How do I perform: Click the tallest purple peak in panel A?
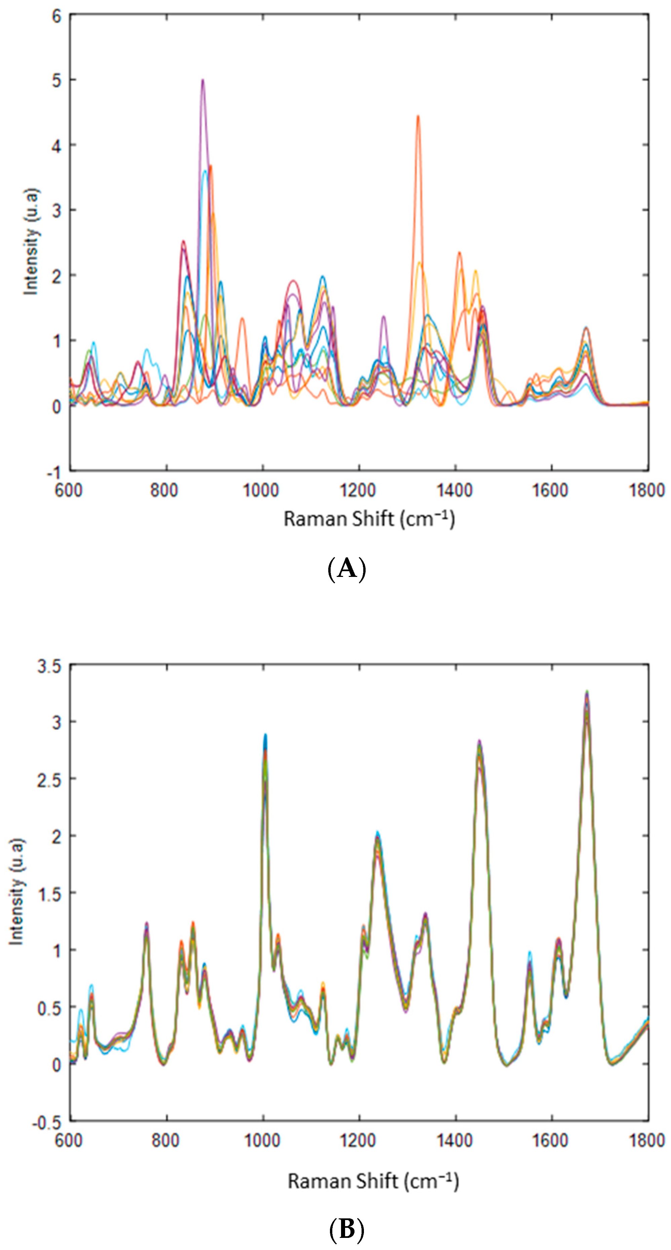click(x=203, y=80)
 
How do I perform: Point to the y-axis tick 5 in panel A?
click(x=57, y=80)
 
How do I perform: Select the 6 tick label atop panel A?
click(x=57, y=16)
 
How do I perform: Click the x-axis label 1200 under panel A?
click(x=358, y=490)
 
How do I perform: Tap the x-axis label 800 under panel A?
click(x=164, y=490)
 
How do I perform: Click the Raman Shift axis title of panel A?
click(x=369, y=519)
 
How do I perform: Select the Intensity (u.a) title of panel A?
click(x=31, y=242)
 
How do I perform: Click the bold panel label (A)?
click(x=346, y=568)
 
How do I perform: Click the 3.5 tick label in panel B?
click(x=50, y=667)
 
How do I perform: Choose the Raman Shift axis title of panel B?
click(x=373, y=1181)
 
